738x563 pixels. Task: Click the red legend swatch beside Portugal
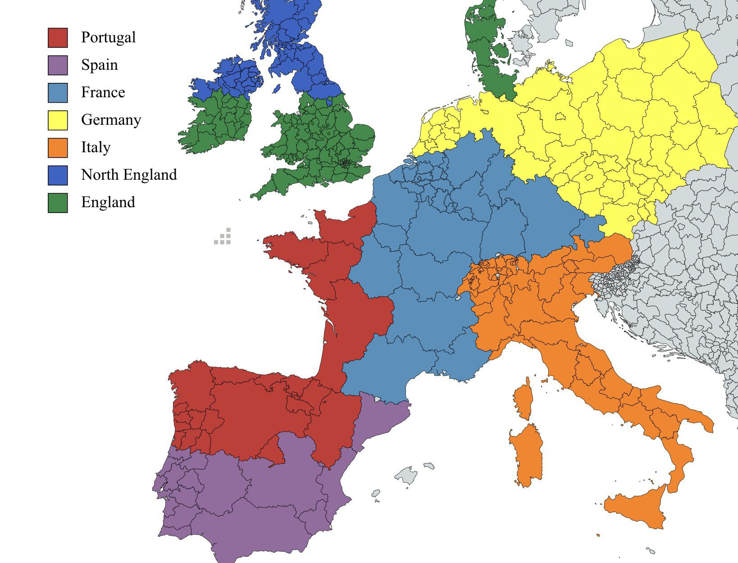click(58, 38)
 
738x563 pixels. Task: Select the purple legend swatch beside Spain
click(58, 65)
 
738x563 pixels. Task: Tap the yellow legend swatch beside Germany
click(58, 120)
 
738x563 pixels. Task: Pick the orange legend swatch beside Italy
click(58, 148)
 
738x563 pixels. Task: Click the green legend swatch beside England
click(58, 203)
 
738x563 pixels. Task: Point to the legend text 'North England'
click(129, 175)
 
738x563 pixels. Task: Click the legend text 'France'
click(103, 92)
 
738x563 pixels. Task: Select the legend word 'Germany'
click(111, 120)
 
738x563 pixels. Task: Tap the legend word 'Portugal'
click(108, 37)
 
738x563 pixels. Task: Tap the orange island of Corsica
click(524, 399)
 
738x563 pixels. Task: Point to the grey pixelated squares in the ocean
click(223, 237)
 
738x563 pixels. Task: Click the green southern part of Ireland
click(216, 122)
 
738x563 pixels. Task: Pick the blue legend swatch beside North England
click(58, 175)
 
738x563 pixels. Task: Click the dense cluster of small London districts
click(346, 163)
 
